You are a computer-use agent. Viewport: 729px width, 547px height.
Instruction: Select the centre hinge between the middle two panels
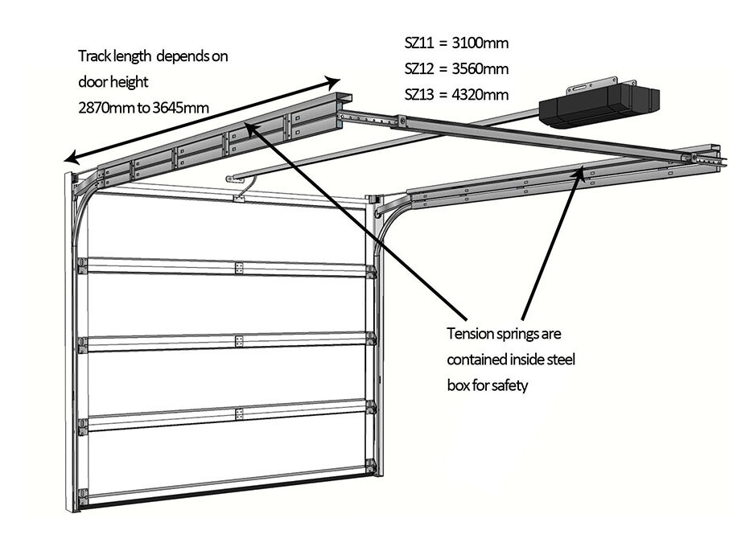pyautogui.click(x=238, y=341)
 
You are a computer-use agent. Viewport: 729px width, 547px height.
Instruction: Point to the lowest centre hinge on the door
pyautogui.click(x=238, y=413)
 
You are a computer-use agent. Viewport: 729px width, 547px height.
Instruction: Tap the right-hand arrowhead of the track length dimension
pyautogui.click(x=334, y=80)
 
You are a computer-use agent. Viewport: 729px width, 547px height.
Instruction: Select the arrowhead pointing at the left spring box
pyautogui.click(x=251, y=125)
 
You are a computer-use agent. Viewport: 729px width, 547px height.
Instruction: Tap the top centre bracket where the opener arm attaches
pyautogui.click(x=237, y=197)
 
